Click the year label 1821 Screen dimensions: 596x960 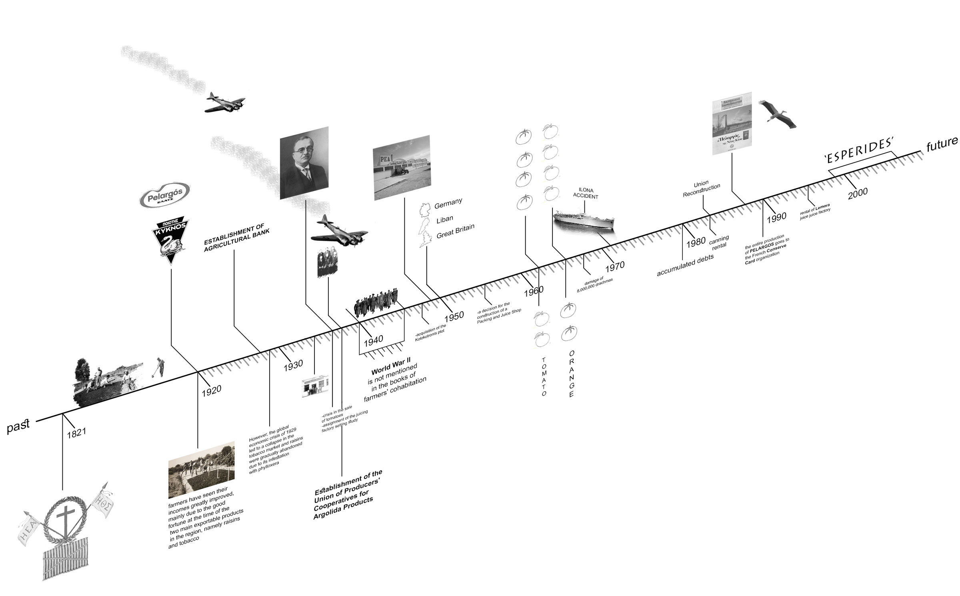pyautogui.click(x=76, y=433)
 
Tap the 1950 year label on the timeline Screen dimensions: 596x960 pyautogui.click(x=454, y=316)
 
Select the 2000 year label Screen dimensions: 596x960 pyautogui.click(x=858, y=193)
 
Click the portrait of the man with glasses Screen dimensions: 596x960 pyautogui.click(x=304, y=163)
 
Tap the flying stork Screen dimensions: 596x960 pyautogui.click(x=777, y=114)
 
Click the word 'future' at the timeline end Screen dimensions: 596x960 pyautogui.click(x=942, y=144)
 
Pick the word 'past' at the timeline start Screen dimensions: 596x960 pyautogui.click(x=18, y=426)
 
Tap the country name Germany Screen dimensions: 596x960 pyautogui.click(x=448, y=204)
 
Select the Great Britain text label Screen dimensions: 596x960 pyautogui.click(x=455, y=231)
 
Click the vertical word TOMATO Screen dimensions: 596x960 pyautogui.click(x=544, y=376)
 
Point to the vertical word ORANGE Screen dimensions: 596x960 pyautogui.click(x=571, y=374)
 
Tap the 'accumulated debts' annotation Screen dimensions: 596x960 pyautogui.click(x=685, y=265)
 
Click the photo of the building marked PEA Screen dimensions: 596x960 pyautogui.click(x=402, y=167)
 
